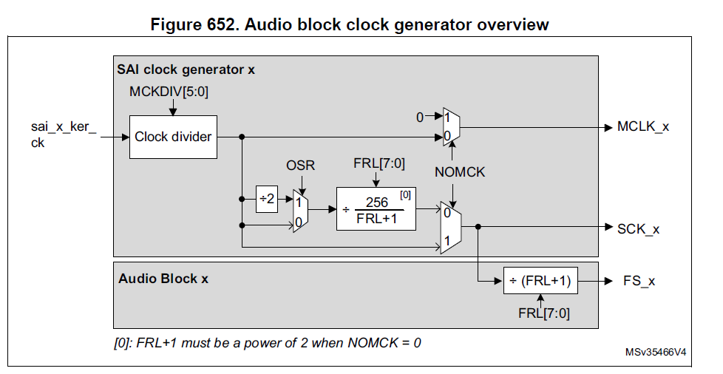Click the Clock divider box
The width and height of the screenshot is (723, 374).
click(x=173, y=137)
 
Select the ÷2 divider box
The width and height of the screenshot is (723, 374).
click(x=266, y=199)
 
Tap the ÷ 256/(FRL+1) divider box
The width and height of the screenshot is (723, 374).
click(x=376, y=208)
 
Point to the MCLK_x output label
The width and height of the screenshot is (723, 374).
click(x=643, y=126)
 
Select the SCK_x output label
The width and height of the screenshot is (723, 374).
click(x=638, y=229)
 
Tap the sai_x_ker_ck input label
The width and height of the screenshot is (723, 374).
click(x=64, y=135)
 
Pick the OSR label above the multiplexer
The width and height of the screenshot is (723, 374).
click(x=300, y=166)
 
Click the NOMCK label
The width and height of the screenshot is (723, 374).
click(x=461, y=172)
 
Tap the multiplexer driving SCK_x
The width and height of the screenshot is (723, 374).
click(x=451, y=227)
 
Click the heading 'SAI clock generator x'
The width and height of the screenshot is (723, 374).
click(x=186, y=70)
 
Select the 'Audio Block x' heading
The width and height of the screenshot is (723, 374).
click(x=163, y=279)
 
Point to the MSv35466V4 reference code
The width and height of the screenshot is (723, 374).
click(x=655, y=353)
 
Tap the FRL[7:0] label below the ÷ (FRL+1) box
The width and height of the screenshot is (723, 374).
click(x=543, y=313)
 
